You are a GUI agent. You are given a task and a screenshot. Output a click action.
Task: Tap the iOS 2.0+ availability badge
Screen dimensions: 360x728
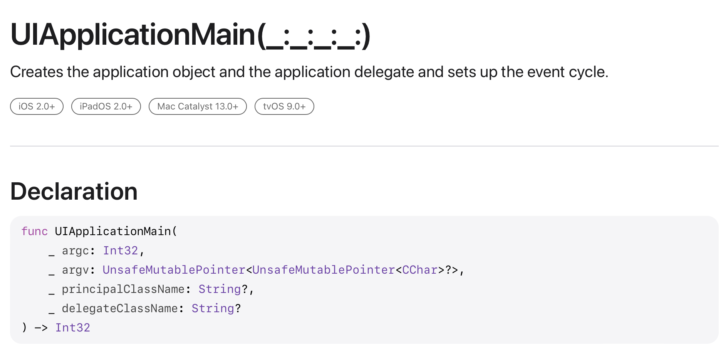(37, 106)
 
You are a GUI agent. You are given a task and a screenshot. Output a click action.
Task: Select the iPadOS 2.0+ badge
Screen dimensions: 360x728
(106, 106)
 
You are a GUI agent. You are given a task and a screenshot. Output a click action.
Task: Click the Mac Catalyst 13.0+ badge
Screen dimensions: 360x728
(198, 106)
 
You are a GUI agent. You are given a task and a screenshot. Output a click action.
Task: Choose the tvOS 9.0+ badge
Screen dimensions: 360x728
(284, 106)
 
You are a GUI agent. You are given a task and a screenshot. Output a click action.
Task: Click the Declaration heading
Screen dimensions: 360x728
(74, 191)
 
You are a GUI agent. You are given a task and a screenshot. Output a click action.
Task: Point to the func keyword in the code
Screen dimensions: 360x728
(35, 231)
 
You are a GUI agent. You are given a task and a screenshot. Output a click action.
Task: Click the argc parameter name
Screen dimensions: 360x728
(75, 251)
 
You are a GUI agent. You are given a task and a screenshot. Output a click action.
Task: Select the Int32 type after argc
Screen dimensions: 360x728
(120, 251)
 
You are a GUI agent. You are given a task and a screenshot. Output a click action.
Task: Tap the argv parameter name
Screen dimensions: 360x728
(75, 270)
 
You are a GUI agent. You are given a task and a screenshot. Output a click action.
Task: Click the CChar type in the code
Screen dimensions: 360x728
(419, 270)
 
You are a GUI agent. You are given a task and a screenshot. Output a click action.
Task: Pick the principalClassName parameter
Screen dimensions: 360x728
(123, 289)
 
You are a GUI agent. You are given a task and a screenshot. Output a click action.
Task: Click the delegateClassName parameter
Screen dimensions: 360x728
(119, 308)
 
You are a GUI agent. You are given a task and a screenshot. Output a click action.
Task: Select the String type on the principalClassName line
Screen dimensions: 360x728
(220, 289)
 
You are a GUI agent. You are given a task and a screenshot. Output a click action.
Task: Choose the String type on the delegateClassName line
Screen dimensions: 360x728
(213, 308)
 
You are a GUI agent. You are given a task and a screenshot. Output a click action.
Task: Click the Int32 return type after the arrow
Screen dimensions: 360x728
(72, 328)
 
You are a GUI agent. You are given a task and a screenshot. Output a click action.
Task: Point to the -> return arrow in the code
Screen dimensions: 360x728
(41, 328)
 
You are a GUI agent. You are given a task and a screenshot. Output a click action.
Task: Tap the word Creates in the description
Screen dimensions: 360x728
(37, 72)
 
